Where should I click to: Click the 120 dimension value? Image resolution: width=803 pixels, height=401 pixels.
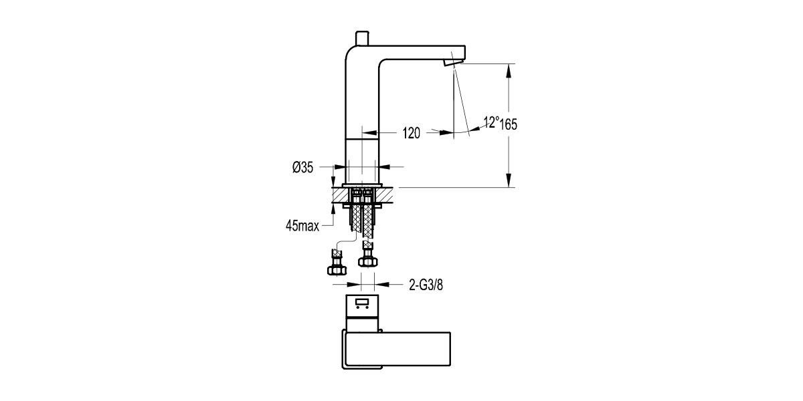click(x=412, y=133)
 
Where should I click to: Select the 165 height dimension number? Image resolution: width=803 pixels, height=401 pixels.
click(x=509, y=124)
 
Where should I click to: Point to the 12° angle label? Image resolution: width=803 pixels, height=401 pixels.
click(x=492, y=122)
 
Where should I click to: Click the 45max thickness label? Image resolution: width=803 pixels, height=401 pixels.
click(x=301, y=226)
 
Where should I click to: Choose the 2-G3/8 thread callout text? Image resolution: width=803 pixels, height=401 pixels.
click(x=426, y=285)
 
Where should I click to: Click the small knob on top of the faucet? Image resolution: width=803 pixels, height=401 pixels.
click(x=363, y=36)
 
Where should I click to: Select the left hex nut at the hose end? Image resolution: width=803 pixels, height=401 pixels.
click(x=336, y=269)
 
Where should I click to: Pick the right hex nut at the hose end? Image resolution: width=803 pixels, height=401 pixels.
click(x=367, y=261)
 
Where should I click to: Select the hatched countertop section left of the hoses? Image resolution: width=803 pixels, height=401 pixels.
click(x=340, y=196)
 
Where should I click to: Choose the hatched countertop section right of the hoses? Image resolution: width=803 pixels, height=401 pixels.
click(x=387, y=196)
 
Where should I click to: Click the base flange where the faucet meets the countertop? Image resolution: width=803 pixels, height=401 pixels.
click(x=362, y=185)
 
